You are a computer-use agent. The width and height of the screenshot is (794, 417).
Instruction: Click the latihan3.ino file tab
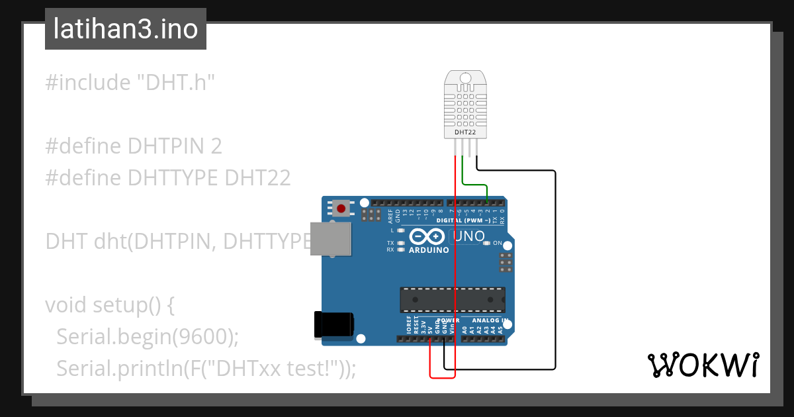[126, 30]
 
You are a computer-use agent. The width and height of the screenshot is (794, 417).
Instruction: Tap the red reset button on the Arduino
[341, 209]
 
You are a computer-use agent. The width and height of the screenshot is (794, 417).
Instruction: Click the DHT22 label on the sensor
[465, 132]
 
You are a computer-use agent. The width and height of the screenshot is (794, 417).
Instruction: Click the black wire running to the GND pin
[554, 265]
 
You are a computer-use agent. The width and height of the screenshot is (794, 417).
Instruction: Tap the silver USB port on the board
[331, 239]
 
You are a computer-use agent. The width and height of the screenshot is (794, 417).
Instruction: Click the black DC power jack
[333, 325]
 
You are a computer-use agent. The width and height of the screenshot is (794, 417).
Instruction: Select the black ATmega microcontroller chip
[453, 299]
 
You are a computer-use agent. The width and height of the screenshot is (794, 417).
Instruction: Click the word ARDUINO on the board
[429, 250]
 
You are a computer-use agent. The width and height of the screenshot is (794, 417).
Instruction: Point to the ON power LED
[488, 243]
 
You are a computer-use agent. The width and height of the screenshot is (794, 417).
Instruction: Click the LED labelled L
[400, 230]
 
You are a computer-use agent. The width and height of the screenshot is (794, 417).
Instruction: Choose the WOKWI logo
[703, 365]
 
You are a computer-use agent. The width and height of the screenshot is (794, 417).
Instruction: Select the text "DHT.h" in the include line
[176, 83]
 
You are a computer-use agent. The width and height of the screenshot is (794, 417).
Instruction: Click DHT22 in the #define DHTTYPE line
[257, 178]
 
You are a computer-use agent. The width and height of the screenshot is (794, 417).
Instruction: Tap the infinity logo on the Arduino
[427, 236]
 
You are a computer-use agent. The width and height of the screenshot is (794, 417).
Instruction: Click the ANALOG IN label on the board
[490, 321]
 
